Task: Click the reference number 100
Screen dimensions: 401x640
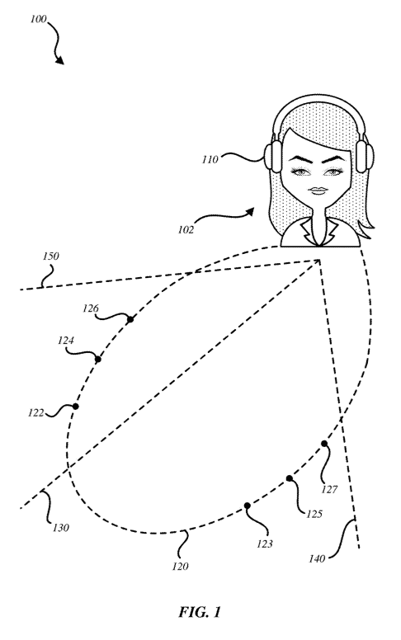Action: (39, 19)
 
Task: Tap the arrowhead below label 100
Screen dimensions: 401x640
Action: (59, 61)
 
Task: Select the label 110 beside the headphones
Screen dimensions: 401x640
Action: (210, 160)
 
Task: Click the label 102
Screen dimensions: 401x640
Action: (186, 230)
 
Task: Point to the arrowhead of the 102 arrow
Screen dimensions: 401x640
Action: (249, 211)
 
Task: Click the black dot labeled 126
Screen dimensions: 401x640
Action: (130, 319)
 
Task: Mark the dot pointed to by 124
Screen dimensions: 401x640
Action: (98, 360)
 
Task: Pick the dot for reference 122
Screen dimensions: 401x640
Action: (76, 406)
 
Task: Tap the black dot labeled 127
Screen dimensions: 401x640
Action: (323, 443)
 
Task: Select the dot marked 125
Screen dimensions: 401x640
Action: (289, 478)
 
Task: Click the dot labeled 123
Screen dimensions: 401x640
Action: (247, 506)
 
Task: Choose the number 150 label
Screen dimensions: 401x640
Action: (50, 256)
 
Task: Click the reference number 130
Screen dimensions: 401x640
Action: (61, 528)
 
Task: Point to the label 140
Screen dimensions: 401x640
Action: (317, 558)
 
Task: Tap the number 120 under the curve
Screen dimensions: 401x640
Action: (180, 566)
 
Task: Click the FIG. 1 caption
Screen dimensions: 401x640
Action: (200, 612)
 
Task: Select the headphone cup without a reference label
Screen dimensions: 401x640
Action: (364, 158)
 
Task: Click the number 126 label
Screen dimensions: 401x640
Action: (91, 308)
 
